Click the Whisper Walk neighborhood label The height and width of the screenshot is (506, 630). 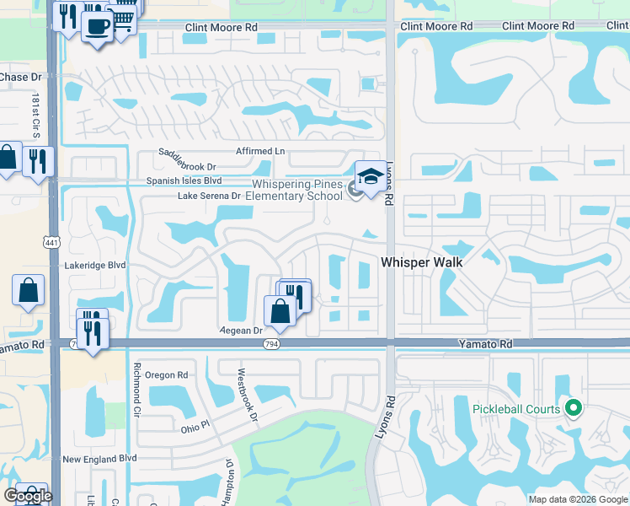422,262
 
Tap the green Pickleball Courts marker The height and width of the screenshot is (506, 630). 574,410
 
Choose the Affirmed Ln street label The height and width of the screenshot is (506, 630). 259,151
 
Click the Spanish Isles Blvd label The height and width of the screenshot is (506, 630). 184,180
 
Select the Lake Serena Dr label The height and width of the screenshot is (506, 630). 209,196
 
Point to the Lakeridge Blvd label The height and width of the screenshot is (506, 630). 94,264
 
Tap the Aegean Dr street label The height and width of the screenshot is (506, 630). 241,331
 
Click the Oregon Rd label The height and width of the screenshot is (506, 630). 166,374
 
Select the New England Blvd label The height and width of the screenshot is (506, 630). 99,459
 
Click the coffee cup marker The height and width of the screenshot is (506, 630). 97,27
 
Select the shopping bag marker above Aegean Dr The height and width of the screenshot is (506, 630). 280,311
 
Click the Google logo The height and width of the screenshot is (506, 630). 28,496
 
